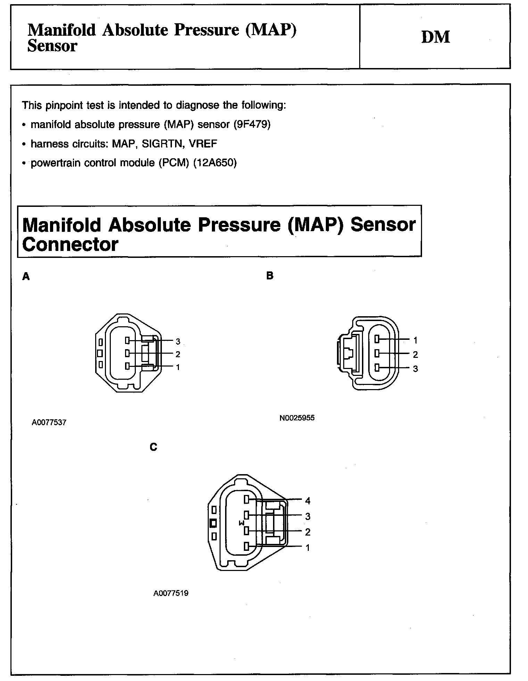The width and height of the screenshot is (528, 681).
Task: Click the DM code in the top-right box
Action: point(436,37)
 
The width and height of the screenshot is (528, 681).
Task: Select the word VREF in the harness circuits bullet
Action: point(203,143)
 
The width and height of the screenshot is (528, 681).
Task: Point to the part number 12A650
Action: point(215,163)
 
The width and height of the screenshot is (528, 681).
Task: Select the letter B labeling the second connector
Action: point(270,276)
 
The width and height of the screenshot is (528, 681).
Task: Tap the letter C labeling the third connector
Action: point(153,447)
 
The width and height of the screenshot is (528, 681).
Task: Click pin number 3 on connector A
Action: point(178,342)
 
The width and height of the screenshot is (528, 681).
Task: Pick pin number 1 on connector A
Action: point(178,367)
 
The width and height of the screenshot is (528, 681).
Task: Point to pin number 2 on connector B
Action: point(415,354)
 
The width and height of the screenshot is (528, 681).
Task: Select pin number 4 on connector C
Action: point(307,501)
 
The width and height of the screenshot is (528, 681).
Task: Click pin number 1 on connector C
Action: point(307,548)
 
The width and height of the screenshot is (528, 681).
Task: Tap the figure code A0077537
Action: point(49,422)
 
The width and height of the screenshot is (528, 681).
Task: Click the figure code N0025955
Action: point(297,418)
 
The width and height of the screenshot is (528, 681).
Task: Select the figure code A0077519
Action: point(171,593)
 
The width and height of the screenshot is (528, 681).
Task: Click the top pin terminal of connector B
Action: point(377,339)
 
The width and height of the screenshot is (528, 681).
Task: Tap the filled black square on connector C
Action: point(214,523)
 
